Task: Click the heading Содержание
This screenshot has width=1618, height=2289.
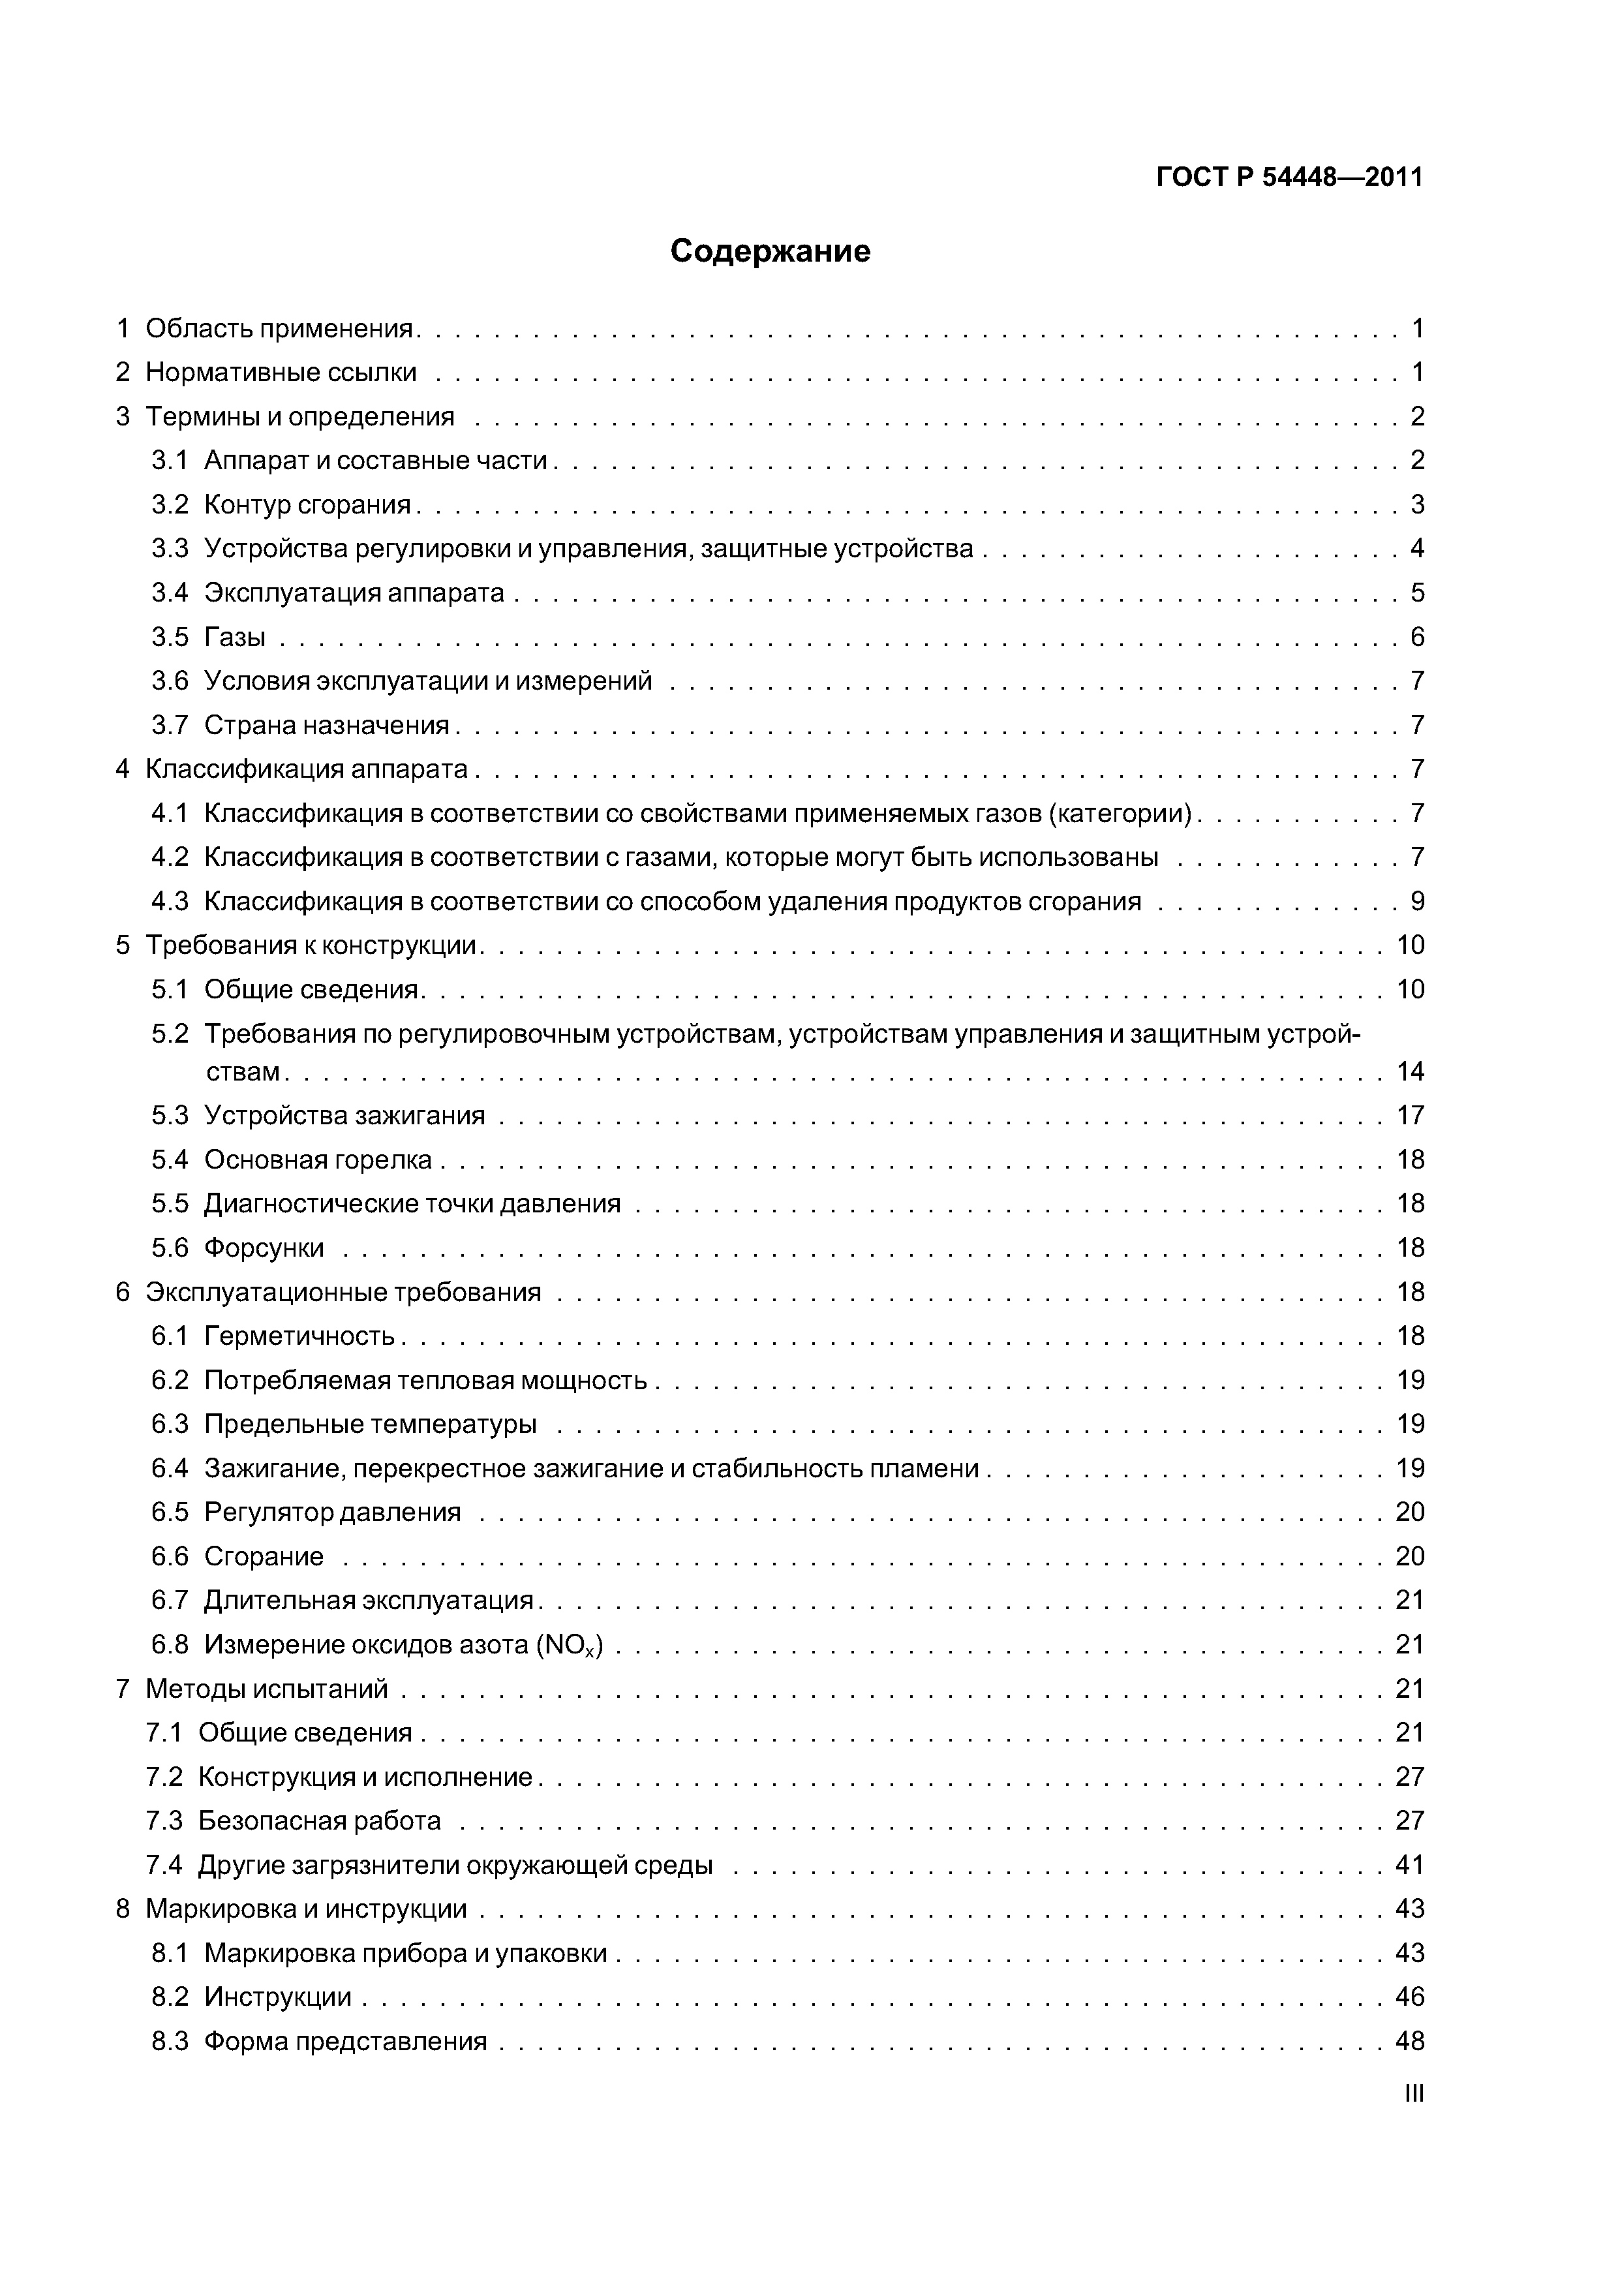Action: click(770, 251)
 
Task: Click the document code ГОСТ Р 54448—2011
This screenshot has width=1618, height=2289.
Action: click(1289, 177)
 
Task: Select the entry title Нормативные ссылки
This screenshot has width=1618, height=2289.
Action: click(281, 372)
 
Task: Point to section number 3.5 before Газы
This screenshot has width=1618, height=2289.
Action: click(170, 637)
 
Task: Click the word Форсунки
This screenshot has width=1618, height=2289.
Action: click(264, 1248)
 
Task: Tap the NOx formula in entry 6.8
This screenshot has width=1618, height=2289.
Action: click(570, 1645)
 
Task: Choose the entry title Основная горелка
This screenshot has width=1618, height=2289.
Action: click(318, 1160)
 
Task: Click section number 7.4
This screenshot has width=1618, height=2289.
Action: click(164, 1864)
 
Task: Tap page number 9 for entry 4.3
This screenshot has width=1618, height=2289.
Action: click(1416, 901)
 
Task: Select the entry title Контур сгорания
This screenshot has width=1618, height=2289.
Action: click(307, 504)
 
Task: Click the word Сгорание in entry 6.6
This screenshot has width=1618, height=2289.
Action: click(264, 1556)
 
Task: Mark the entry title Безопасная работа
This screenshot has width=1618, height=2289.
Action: click(319, 1820)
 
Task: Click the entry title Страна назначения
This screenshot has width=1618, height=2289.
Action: click(327, 725)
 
